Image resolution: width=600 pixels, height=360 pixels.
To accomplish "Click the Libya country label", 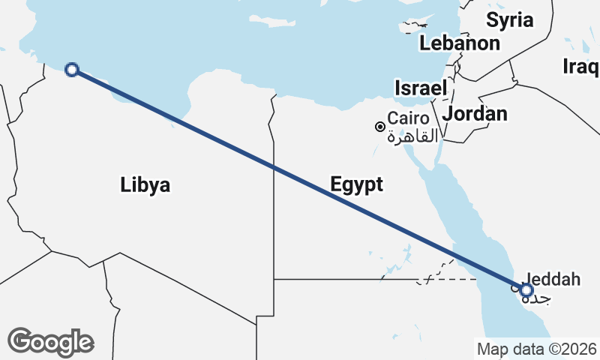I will pyautogui.click(x=145, y=185).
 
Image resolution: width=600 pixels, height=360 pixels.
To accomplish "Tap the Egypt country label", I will pyautogui.click(x=356, y=185).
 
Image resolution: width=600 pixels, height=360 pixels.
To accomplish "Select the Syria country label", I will pyautogui.click(x=509, y=19).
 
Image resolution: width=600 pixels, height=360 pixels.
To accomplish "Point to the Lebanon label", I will pyautogui.click(x=459, y=43).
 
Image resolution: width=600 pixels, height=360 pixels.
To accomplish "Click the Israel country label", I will pyautogui.click(x=421, y=88).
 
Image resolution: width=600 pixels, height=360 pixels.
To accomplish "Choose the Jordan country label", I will pyautogui.click(x=475, y=114).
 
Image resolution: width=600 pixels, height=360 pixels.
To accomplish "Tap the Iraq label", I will pyautogui.click(x=580, y=67).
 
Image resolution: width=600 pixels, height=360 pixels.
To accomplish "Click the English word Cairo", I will pyautogui.click(x=408, y=118).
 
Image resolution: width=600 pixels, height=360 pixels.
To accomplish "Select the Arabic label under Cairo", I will pyautogui.click(x=409, y=136).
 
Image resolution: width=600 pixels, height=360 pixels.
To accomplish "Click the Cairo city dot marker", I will pyautogui.click(x=380, y=127).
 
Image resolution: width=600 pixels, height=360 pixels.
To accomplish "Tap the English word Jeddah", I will pyautogui.click(x=553, y=280).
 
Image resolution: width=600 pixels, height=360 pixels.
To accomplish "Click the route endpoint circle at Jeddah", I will pyautogui.click(x=526, y=290).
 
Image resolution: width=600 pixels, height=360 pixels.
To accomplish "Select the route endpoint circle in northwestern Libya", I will pyautogui.click(x=72, y=70).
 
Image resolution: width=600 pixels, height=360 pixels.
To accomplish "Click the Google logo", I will pyautogui.click(x=51, y=342).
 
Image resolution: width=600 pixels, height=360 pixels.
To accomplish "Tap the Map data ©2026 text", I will pyautogui.click(x=537, y=349).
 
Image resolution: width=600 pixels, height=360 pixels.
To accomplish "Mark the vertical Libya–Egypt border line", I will pyautogui.click(x=274, y=225).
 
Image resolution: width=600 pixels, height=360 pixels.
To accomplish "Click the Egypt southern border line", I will pyautogui.click(x=337, y=279).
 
